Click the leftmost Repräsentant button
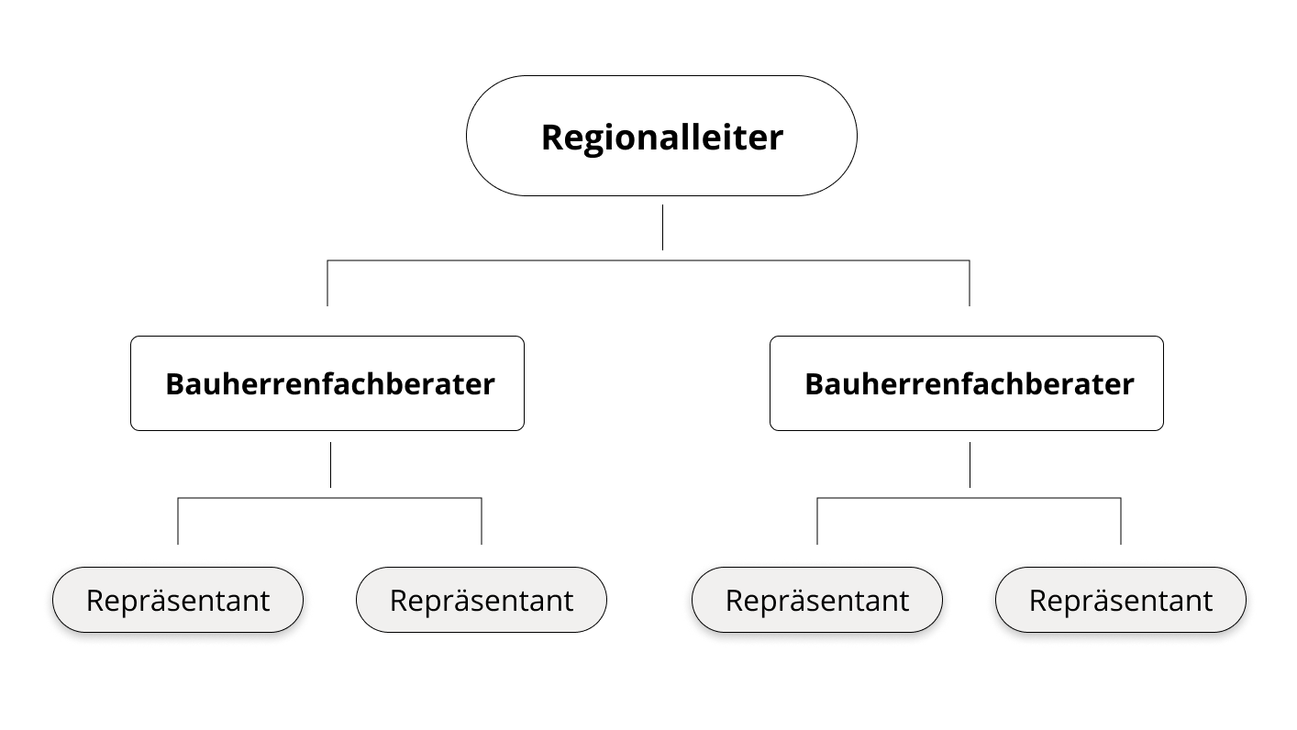178,600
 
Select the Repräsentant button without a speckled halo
482,600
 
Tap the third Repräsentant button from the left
817,600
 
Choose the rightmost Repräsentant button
1121,600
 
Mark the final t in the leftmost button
265,600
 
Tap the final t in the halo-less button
569,600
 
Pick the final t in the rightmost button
1208,600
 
